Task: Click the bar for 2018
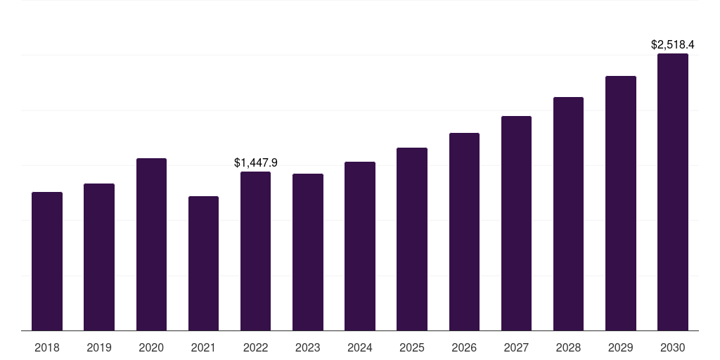pos(47,261)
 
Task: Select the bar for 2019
pos(99,257)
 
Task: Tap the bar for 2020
pos(151,244)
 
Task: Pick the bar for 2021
pos(203,263)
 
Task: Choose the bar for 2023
pos(308,252)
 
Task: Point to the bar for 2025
pos(412,239)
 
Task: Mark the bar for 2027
pos(516,223)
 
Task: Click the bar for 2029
pos(621,203)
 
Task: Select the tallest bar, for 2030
pos(673,192)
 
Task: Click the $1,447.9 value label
pos(256,162)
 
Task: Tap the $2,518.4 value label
pos(673,44)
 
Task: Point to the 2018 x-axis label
pos(47,347)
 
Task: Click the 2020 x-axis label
pos(151,347)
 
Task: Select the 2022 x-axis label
pos(256,347)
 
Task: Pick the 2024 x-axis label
pos(360,347)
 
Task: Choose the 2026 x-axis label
pos(464,347)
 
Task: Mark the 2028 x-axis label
pos(568,347)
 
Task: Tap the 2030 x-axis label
pos(673,347)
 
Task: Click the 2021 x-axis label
pos(203,347)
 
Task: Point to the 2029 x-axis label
pos(621,347)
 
